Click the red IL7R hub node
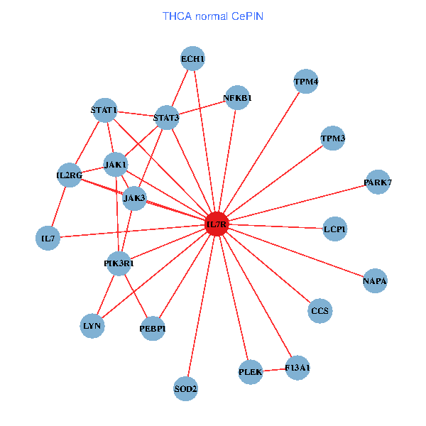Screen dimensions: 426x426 (217, 224)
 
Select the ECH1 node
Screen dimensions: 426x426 (192, 60)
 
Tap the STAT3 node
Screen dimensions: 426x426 (166, 117)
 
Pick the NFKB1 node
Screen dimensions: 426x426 (237, 98)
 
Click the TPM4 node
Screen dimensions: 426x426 (306, 82)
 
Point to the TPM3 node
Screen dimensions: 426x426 (332, 138)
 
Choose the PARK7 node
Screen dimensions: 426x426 (378, 182)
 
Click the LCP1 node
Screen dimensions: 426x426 (334, 229)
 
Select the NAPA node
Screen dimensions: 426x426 (375, 281)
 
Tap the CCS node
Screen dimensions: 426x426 (320, 311)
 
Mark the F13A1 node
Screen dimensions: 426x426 (297, 368)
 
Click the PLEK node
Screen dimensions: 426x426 (251, 371)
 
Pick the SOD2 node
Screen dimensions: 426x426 (186, 388)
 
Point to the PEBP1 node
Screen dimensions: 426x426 (153, 329)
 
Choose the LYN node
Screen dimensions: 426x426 (93, 326)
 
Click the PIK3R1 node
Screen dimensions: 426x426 (119, 264)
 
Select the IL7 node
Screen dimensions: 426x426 (48, 238)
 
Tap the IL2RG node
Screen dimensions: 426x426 (70, 175)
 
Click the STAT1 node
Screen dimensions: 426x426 (104, 110)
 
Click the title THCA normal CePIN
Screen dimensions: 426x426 (213, 15)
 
